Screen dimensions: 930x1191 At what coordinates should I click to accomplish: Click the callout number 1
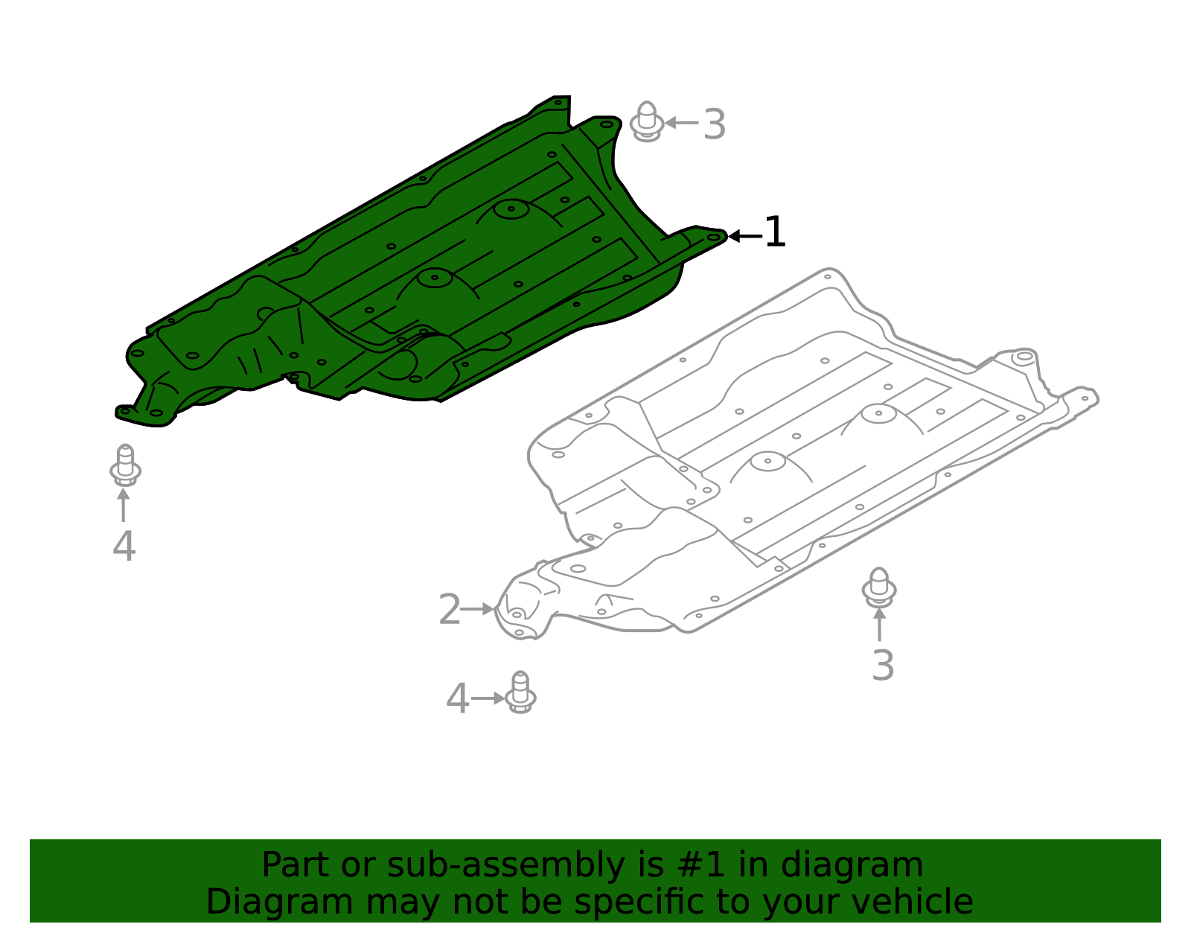tap(775, 232)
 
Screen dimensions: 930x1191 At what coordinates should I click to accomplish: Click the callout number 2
tap(450, 610)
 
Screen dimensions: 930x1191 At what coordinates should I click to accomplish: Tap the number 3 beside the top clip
tap(714, 124)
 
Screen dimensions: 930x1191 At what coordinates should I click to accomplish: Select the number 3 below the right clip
tap(882, 666)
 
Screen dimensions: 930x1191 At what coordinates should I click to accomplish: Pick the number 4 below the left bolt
tap(124, 547)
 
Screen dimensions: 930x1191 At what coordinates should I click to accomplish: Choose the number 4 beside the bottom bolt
tap(457, 699)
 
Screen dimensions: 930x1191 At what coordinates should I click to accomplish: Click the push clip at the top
tap(647, 121)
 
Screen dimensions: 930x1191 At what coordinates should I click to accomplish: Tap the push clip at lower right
tap(879, 587)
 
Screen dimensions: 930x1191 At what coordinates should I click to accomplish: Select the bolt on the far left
tap(125, 465)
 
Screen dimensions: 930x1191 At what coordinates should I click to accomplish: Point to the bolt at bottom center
tap(520, 692)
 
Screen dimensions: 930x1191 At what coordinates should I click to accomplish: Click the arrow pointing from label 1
tap(744, 236)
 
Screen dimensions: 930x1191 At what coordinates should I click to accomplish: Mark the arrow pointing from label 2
tap(478, 609)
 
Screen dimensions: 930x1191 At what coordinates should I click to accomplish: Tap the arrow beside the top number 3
tap(681, 123)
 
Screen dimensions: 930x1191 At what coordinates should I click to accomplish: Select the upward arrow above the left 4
tap(124, 504)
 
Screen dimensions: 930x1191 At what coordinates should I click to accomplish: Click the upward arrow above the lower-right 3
tap(879, 624)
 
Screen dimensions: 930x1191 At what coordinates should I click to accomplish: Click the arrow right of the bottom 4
tap(488, 698)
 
